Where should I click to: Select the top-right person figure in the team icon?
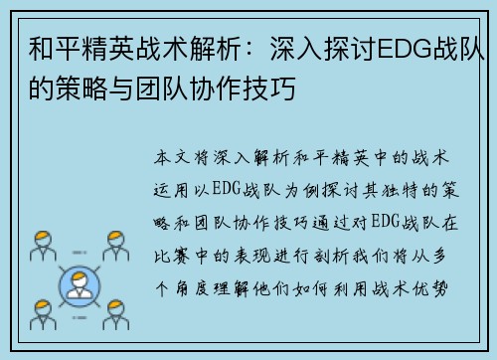pyautogui.click(x=116, y=246)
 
